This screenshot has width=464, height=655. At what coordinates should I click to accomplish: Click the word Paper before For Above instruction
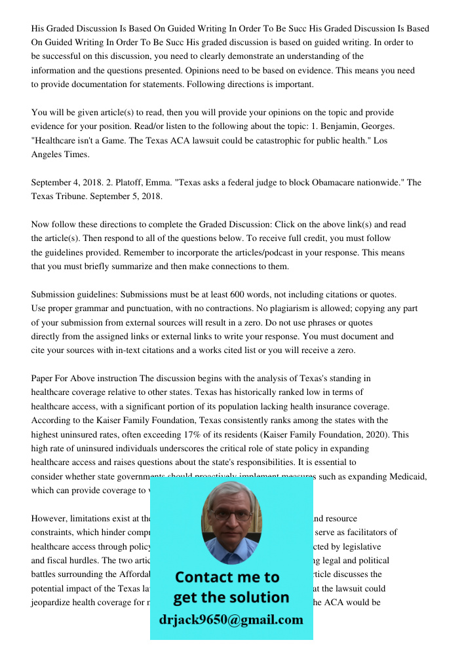(44, 379)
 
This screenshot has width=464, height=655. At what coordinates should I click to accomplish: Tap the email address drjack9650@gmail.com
(231, 620)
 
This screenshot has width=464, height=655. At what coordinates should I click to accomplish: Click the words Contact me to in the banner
(227, 577)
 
